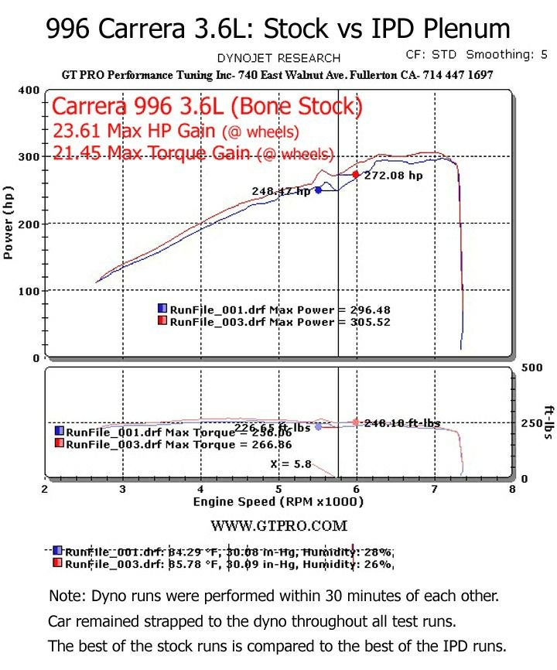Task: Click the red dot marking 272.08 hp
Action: (356, 175)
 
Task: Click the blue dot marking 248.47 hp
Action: (318, 190)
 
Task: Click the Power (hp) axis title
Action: (9, 223)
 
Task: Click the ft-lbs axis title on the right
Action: (548, 422)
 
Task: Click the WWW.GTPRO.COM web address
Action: (278, 526)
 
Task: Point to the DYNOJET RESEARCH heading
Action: (278, 58)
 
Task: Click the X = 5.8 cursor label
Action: (280, 463)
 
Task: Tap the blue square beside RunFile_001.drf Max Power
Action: (162, 309)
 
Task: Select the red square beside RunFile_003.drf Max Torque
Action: (59, 444)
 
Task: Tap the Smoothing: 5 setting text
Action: (507, 55)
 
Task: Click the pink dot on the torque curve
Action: (356, 422)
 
